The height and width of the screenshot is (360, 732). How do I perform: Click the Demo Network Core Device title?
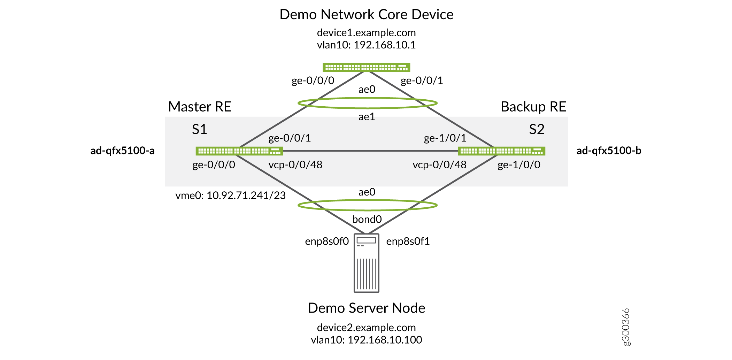(366, 15)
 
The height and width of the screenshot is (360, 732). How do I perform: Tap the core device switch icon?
(366, 67)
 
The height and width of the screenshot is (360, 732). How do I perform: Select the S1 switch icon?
(239, 151)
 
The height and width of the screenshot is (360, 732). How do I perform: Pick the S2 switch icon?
(501, 151)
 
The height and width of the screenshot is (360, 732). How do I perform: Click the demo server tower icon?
(366, 263)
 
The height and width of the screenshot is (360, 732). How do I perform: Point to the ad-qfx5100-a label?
(122, 151)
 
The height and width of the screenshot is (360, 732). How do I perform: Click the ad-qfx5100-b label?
(609, 151)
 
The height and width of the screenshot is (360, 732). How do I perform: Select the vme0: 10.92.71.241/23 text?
(230, 196)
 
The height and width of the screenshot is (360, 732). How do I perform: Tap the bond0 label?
(367, 219)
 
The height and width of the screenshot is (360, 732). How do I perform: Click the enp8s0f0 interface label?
(327, 241)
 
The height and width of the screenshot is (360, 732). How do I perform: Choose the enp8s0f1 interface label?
(408, 241)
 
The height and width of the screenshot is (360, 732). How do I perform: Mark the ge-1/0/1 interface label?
(445, 138)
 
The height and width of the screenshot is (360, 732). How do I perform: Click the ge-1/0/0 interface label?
(519, 164)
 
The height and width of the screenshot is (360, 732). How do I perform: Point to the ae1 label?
(367, 117)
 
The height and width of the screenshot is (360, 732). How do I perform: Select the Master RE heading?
(200, 107)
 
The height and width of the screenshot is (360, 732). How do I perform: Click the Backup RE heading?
(533, 107)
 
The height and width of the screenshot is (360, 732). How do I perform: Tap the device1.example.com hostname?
(366, 33)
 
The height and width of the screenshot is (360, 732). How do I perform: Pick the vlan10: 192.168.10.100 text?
(366, 340)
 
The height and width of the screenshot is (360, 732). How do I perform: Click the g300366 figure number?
(626, 327)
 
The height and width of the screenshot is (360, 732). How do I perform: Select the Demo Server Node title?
(366, 308)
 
